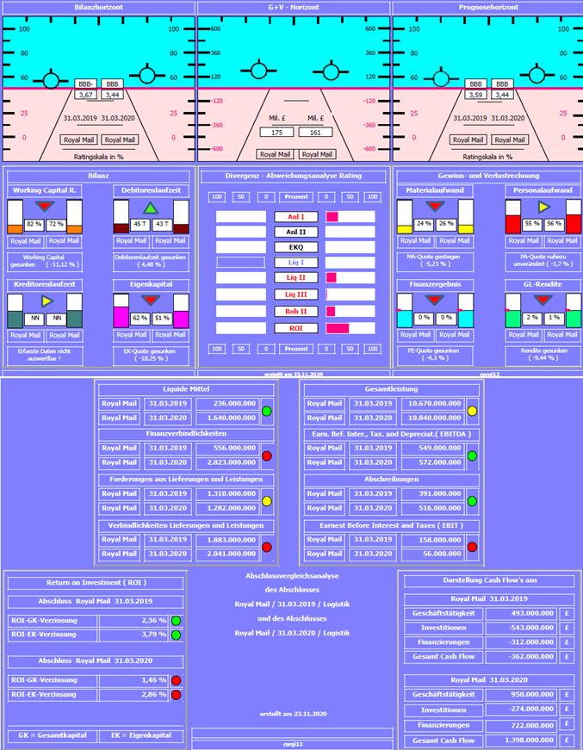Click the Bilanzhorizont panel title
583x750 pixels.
pos(97,7)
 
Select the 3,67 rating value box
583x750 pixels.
pos(85,96)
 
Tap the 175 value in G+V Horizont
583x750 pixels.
pos(276,133)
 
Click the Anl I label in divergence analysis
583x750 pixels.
pos(295,217)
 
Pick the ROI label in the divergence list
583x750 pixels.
pos(295,328)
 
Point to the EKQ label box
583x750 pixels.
pos(295,247)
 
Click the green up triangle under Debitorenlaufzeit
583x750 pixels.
pos(151,208)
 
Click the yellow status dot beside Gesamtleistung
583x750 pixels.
pos(472,411)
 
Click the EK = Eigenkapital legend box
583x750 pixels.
pos(141,735)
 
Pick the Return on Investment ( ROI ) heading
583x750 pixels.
pos(95,583)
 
